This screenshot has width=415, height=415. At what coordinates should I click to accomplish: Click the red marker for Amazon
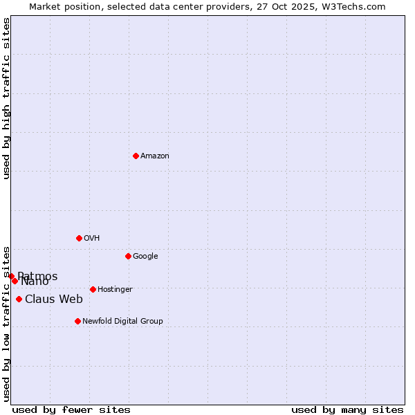pos(136,156)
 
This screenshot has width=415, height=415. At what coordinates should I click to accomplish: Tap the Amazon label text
pos(155,156)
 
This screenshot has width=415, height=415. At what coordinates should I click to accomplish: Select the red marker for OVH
pos(79,238)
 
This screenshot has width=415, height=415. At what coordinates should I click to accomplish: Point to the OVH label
pos(92,239)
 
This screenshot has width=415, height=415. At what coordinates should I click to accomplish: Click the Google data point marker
pos(128,256)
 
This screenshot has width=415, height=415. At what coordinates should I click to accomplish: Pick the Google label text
pos(145,257)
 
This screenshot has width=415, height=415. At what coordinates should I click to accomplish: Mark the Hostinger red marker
pos(93,289)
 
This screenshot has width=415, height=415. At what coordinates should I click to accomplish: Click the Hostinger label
pos(115,290)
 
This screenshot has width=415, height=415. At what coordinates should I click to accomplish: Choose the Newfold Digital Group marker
pos(77,321)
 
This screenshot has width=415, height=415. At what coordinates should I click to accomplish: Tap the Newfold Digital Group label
pos(122,322)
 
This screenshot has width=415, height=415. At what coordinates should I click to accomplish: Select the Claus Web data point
pos(19,299)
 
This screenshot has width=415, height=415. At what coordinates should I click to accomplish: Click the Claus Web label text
pos(54,299)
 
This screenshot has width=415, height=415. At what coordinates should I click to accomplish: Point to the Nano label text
pos(35,282)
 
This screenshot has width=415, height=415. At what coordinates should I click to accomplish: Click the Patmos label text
pos(39,276)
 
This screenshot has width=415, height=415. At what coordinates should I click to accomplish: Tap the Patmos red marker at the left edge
pos(11,276)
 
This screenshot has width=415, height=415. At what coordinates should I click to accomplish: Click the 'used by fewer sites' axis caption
pos(71,410)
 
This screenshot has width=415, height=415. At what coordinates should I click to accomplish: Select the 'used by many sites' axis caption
pos(347,410)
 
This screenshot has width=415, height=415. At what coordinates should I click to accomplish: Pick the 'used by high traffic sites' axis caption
pos(6,98)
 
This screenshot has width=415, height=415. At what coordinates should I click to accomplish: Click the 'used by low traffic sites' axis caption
pos(6,323)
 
